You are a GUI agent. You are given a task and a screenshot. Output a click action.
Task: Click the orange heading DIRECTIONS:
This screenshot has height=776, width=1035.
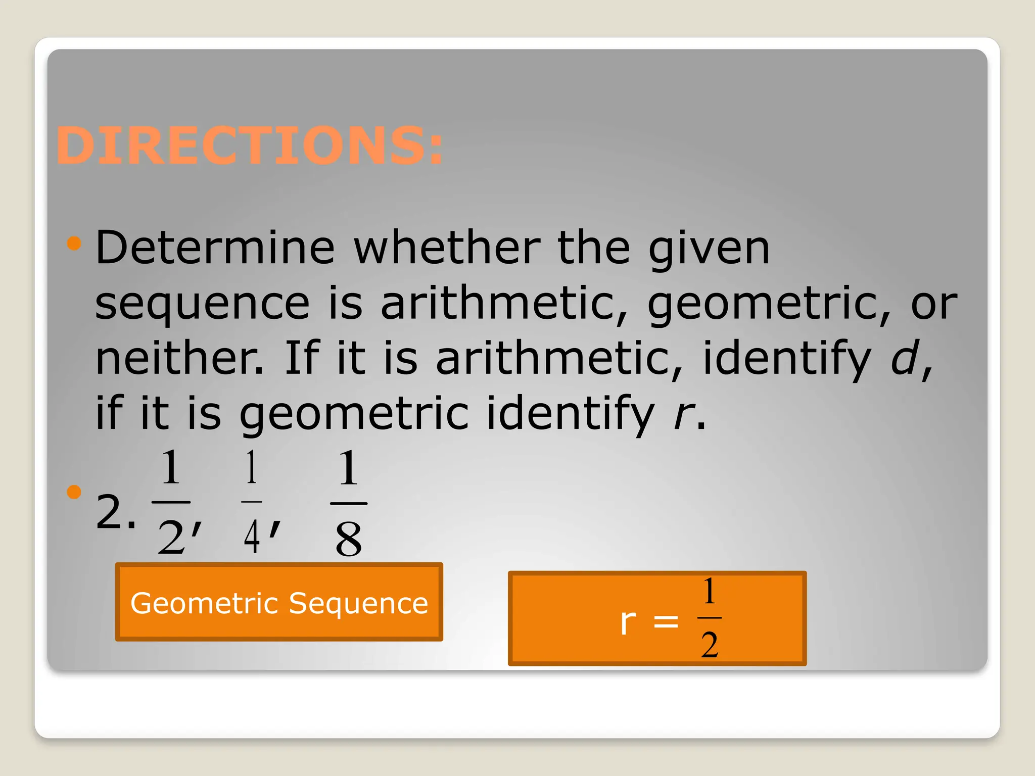(x=250, y=145)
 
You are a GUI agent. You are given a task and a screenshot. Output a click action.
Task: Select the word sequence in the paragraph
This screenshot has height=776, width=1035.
(x=202, y=304)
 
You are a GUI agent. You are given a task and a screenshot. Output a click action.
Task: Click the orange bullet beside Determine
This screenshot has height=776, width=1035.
(x=74, y=244)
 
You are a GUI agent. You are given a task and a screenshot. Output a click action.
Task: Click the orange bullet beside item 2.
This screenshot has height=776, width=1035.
(x=74, y=492)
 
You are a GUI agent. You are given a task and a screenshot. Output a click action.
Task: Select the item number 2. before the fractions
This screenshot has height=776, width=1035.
(x=115, y=512)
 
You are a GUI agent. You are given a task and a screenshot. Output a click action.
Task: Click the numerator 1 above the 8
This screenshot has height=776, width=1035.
(x=349, y=468)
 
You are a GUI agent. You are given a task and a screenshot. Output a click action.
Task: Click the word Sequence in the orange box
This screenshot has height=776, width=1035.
(x=358, y=603)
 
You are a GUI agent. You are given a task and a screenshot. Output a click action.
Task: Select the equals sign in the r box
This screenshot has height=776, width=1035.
(x=666, y=621)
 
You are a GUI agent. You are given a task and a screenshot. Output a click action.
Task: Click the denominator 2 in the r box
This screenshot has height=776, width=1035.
(x=710, y=645)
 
